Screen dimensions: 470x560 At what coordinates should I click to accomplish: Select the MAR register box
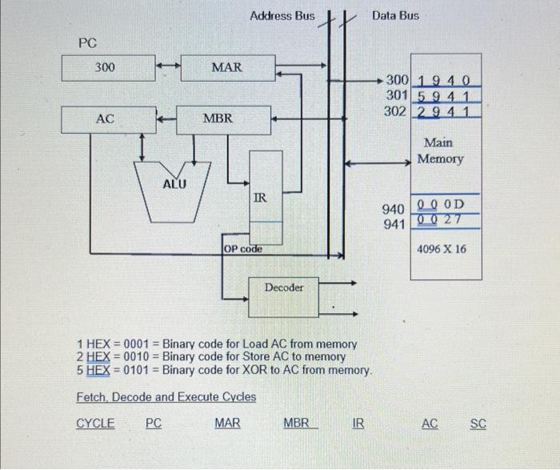(x=226, y=67)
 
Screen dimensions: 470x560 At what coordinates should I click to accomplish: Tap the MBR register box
(x=217, y=119)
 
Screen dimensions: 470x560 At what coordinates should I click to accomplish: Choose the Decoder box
(x=284, y=287)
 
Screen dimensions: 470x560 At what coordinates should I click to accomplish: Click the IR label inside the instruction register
(x=260, y=197)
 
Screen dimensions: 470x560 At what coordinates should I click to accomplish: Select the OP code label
(x=243, y=249)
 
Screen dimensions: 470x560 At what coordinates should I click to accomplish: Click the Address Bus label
(x=282, y=16)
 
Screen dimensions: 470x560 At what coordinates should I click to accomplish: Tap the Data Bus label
(x=395, y=16)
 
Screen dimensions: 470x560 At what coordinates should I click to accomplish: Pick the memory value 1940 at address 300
(x=446, y=81)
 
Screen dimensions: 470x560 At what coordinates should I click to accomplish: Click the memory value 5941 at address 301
(x=446, y=96)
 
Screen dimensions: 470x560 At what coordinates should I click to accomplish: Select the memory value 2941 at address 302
(x=446, y=111)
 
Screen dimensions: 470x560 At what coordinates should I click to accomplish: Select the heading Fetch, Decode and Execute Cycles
(x=166, y=397)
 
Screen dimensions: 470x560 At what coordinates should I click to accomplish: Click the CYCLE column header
(x=95, y=424)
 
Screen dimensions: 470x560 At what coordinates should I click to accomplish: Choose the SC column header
(x=478, y=424)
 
